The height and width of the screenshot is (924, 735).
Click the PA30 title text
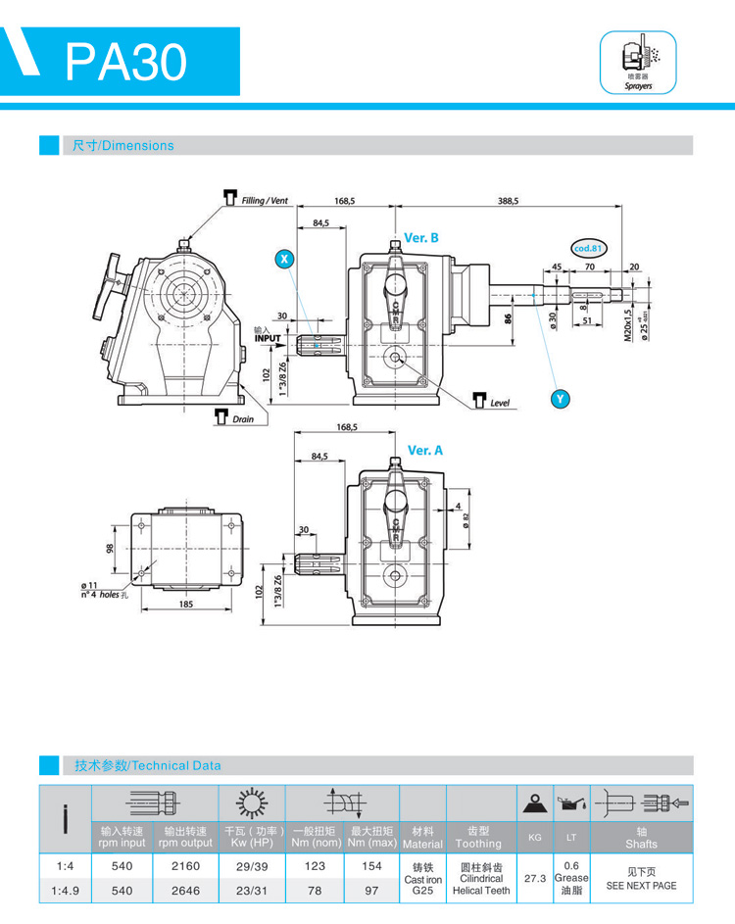pyautogui.click(x=126, y=62)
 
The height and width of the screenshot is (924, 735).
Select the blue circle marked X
pyautogui.click(x=284, y=259)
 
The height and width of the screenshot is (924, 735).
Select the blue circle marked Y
pyautogui.click(x=561, y=398)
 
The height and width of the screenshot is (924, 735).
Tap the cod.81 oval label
pyautogui.click(x=589, y=249)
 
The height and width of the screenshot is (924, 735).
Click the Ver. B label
pyautogui.click(x=421, y=238)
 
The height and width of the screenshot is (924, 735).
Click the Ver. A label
pyautogui.click(x=425, y=450)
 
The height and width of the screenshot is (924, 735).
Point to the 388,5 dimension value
pyautogui.click(x=508, y=200)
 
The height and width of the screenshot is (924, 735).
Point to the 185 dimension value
pyautogui.click(x=186, y=604)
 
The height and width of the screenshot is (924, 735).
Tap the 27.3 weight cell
pyautogui.click(x=534, y=878)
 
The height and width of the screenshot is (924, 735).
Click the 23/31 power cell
pyautogui.click(x=251, y=891)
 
